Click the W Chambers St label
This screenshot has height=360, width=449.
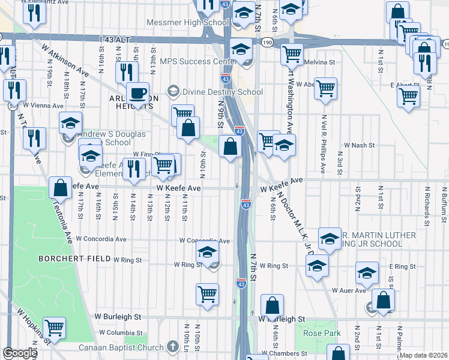[287, 353]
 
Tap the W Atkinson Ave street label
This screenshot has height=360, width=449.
[65, 59]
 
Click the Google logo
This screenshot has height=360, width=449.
[20, 353]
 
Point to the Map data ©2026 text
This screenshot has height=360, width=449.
[423, 355]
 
